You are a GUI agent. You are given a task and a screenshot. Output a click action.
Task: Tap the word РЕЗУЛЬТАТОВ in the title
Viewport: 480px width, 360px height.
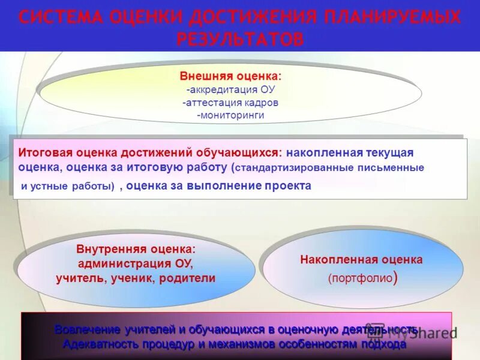click(240, 39)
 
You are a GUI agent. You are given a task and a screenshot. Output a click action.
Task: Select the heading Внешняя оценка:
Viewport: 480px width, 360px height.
click(230, 77)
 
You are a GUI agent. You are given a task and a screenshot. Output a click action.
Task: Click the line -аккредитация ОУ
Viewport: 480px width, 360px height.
click(230, 90)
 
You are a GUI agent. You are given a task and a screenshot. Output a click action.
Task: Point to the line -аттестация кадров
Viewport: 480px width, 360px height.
click(230, 103)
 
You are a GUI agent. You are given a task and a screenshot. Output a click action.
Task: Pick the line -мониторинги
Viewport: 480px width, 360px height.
click(230, 115)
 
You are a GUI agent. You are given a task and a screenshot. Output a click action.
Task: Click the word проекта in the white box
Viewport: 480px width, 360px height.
click(288, 185)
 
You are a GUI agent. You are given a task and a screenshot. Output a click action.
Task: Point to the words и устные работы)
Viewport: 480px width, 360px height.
click(68, 186)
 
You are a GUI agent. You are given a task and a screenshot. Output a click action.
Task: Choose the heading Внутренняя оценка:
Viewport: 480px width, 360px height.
click(136, 249)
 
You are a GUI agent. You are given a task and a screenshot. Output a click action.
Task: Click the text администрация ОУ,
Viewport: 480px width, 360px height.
click(136, 263)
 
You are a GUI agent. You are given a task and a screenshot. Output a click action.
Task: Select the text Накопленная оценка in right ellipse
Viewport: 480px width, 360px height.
click(361, 260)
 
